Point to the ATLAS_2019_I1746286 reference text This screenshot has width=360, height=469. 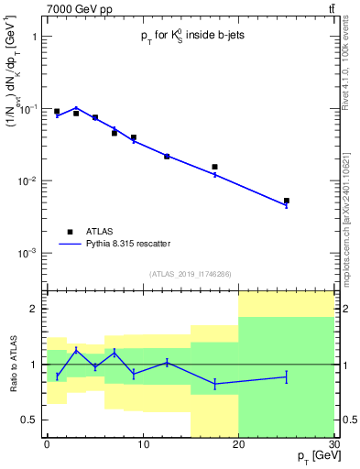point(190,273)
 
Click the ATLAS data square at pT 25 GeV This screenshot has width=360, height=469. point(287,201)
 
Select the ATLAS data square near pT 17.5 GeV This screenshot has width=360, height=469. point(214,167)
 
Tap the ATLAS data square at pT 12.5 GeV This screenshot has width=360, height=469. point(167,157)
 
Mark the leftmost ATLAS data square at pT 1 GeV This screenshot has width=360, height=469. point(57,112)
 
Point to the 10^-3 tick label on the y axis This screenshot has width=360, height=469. point(26,253)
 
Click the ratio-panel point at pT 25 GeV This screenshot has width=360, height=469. point(287,376)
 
